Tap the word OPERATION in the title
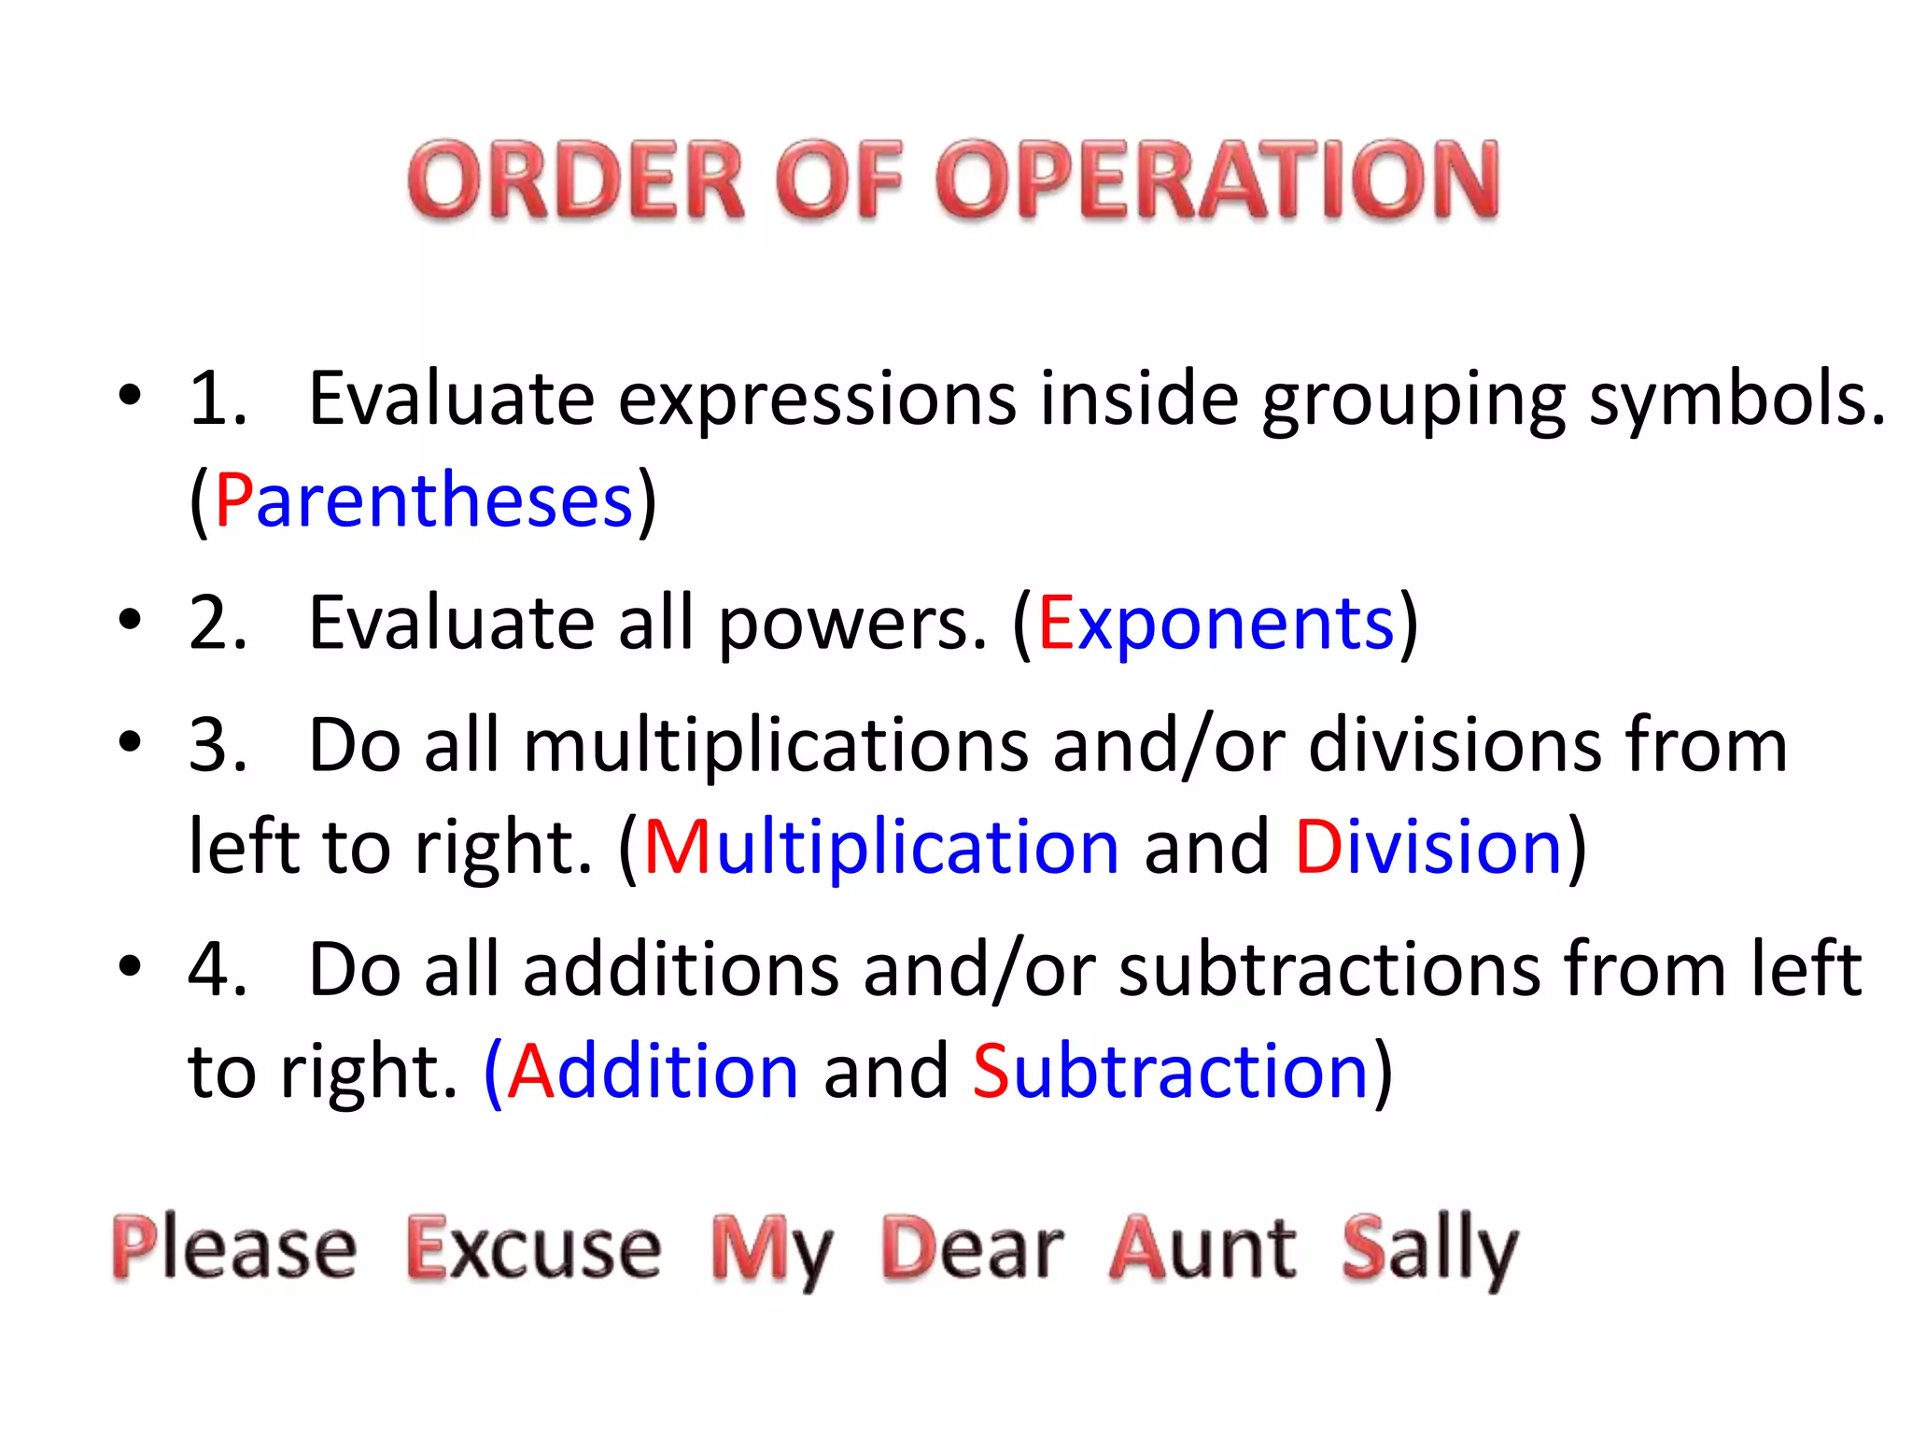1217,180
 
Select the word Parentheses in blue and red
424,501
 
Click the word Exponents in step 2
1216,624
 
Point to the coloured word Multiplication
880,847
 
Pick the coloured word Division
1428,847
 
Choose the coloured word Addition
654,1071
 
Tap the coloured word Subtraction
1171,1071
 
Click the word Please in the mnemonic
234,1247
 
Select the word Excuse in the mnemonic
534,1247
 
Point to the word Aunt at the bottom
1202,1247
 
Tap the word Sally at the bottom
1429,1249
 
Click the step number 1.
218,400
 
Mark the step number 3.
218,746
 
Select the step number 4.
218,969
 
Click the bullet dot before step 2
130,620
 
